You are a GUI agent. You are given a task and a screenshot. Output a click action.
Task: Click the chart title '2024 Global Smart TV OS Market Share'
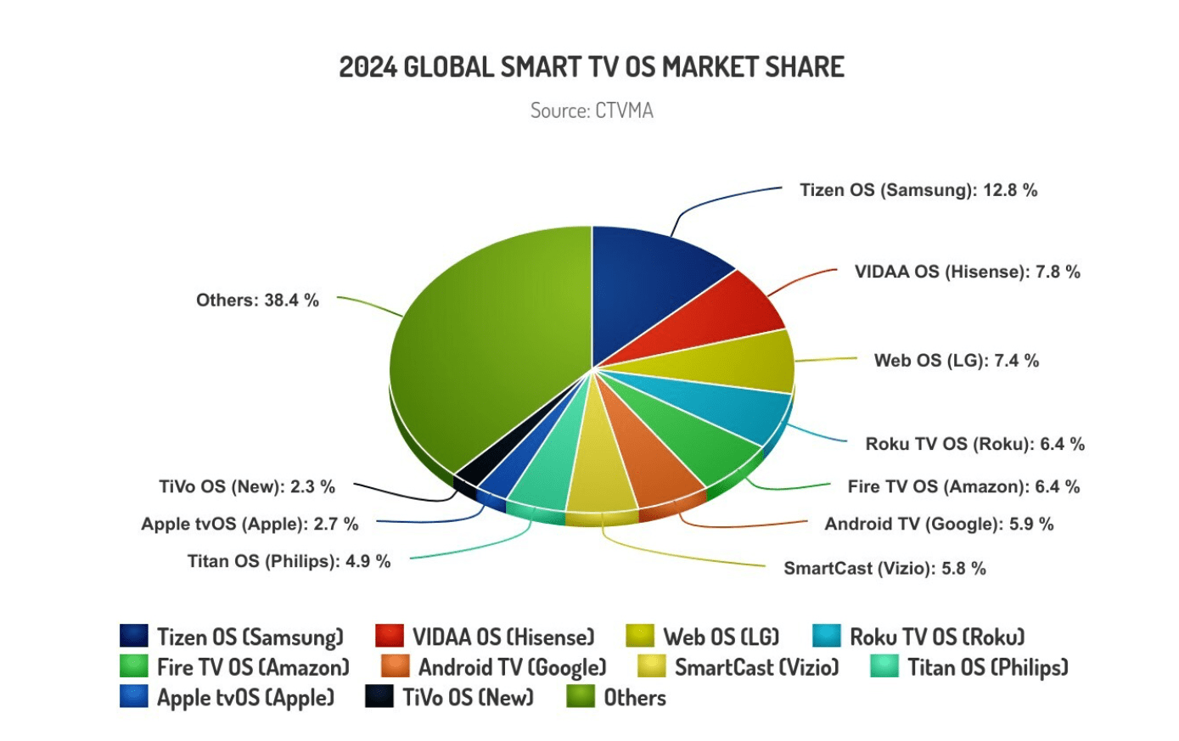[592, 67]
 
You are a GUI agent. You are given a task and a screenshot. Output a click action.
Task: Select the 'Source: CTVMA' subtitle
[592, 110]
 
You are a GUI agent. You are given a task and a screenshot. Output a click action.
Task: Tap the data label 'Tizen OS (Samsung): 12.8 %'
[918, 190]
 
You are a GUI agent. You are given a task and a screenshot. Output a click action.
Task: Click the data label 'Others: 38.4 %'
[257, 300]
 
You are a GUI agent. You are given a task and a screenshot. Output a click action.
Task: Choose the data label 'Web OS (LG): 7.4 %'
[956, 361]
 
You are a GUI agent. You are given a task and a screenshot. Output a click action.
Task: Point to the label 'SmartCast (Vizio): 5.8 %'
[884, 569]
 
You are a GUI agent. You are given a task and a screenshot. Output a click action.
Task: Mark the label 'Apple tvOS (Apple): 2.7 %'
[250, 524]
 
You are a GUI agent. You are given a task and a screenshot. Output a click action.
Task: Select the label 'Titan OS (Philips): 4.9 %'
[289, 561]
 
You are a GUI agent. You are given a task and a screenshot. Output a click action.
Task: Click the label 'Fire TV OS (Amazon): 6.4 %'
[963, 487]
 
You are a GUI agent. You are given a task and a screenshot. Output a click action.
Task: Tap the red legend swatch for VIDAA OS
[389, 637]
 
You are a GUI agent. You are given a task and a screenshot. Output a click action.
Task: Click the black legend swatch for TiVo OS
[379, 697]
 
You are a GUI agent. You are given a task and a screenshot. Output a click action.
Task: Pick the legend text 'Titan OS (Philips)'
[987, 667]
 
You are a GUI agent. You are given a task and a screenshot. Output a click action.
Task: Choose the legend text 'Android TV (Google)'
[512, 667]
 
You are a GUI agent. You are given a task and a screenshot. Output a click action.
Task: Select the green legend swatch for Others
[581, 697]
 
